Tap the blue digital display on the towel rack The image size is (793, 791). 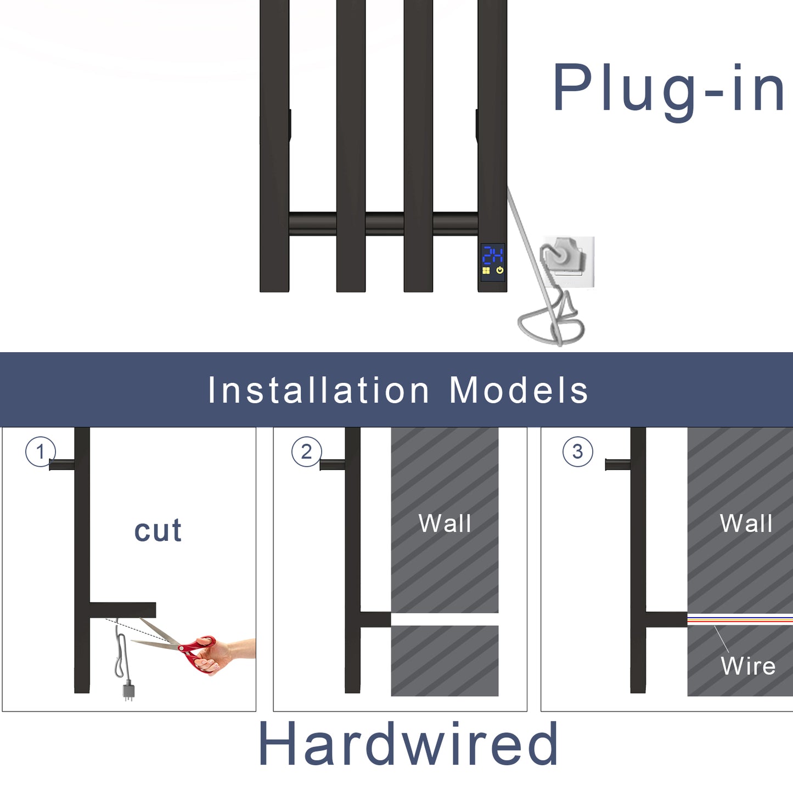coord(492,255)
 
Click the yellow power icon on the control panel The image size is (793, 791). coord(499,270)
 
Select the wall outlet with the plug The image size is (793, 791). coord(567,262)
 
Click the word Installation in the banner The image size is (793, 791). coord(318,391)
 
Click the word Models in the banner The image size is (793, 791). coord(519,391)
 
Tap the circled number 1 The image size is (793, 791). coord(40,452)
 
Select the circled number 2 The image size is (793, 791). coord(306,452)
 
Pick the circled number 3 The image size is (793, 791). coord(577,452)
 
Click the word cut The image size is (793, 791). coord(158,530)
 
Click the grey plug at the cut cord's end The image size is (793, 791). coord(128,691)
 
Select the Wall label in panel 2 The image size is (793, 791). coord(445,523)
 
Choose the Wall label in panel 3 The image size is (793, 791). coord(746,523)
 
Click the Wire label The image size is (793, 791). coord(748,666)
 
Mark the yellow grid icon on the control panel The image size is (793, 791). coord(486,270)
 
